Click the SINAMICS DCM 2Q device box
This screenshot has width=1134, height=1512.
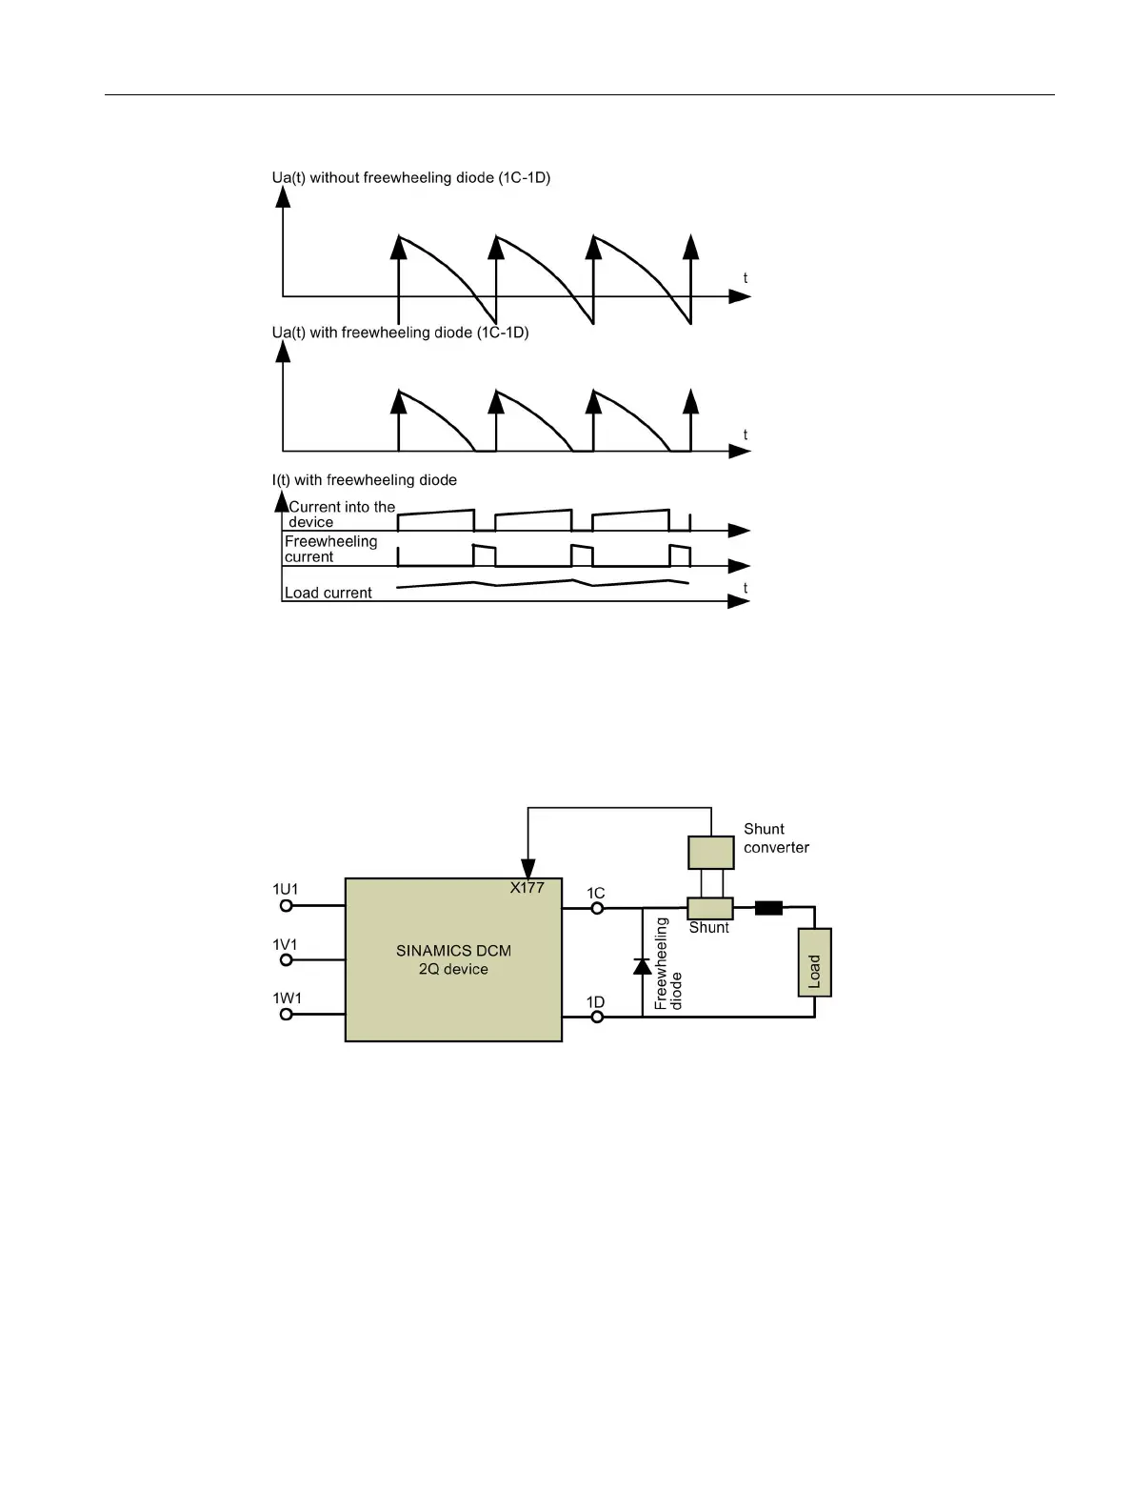pos(453,959)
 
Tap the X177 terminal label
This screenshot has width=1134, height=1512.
pos(527,888)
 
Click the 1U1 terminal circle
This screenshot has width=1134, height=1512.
pos(286,907)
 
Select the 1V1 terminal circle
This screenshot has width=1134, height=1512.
pos(286,961)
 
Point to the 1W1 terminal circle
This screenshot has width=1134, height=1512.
pos(286,1015)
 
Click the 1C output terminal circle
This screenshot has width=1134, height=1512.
pos(597,908)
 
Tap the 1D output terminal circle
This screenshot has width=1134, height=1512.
pos(597,1017)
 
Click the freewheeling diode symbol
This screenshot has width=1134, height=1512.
pos(643,965)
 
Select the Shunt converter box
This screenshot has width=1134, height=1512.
pos(711,852)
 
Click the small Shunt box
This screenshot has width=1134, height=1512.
pos(710,908)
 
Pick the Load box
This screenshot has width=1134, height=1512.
pos(814,962)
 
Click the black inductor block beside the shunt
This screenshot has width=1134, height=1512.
pos(768,908)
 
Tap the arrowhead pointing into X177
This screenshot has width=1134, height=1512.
pos(527,868)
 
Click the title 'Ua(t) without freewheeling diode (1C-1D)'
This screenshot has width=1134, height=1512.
pos(411,178)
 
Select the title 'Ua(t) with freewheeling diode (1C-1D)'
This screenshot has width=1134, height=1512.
pos(400,333)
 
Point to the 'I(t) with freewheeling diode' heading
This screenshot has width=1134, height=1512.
pos(365,480)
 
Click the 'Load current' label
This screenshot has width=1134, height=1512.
pos(328,593)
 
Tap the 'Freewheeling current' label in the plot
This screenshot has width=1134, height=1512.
pos(330,549)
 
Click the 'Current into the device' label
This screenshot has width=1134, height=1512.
pos(341,514)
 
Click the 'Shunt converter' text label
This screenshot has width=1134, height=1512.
pos(776,838)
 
